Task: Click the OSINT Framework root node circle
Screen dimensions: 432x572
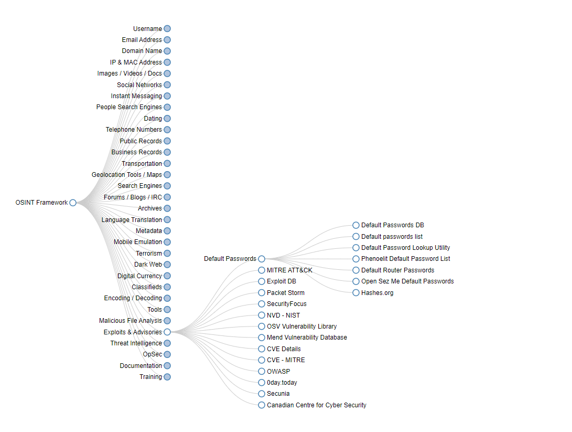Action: click(x=73, y=203)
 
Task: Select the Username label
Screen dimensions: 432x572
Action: click(x=147, y=29)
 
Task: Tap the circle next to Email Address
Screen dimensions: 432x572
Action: click(x=167, y=40)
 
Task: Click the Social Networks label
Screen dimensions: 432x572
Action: click(x=139, y=85)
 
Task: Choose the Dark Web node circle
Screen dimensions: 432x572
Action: click(x=167, y=265)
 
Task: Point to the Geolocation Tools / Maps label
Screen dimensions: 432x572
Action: click(x=127, y=175)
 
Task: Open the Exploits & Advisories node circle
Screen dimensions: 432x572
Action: click(x=167, y=332)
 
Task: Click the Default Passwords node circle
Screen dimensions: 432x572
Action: click(x=262, y=259)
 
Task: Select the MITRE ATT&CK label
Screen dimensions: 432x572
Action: click(x=289, y=270)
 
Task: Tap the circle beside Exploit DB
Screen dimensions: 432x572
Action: click(x=262, y=281)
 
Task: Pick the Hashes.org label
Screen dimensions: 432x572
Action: click(x=377, y=293)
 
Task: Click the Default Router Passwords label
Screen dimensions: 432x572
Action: click(x=397, y=270)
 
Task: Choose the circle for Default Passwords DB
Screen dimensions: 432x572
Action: click(x=356, y=225)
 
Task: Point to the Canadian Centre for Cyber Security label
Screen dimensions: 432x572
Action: click(x=316, y=405)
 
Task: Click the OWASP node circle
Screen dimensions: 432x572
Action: click(x=262, y=371)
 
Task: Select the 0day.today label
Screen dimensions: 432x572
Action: click(x=282, y=383)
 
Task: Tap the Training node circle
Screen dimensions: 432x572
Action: click(x=167, y=377)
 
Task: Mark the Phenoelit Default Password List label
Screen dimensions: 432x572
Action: click(x=405, y=259)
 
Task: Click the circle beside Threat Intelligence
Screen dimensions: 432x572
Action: click(x=167, y=343)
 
